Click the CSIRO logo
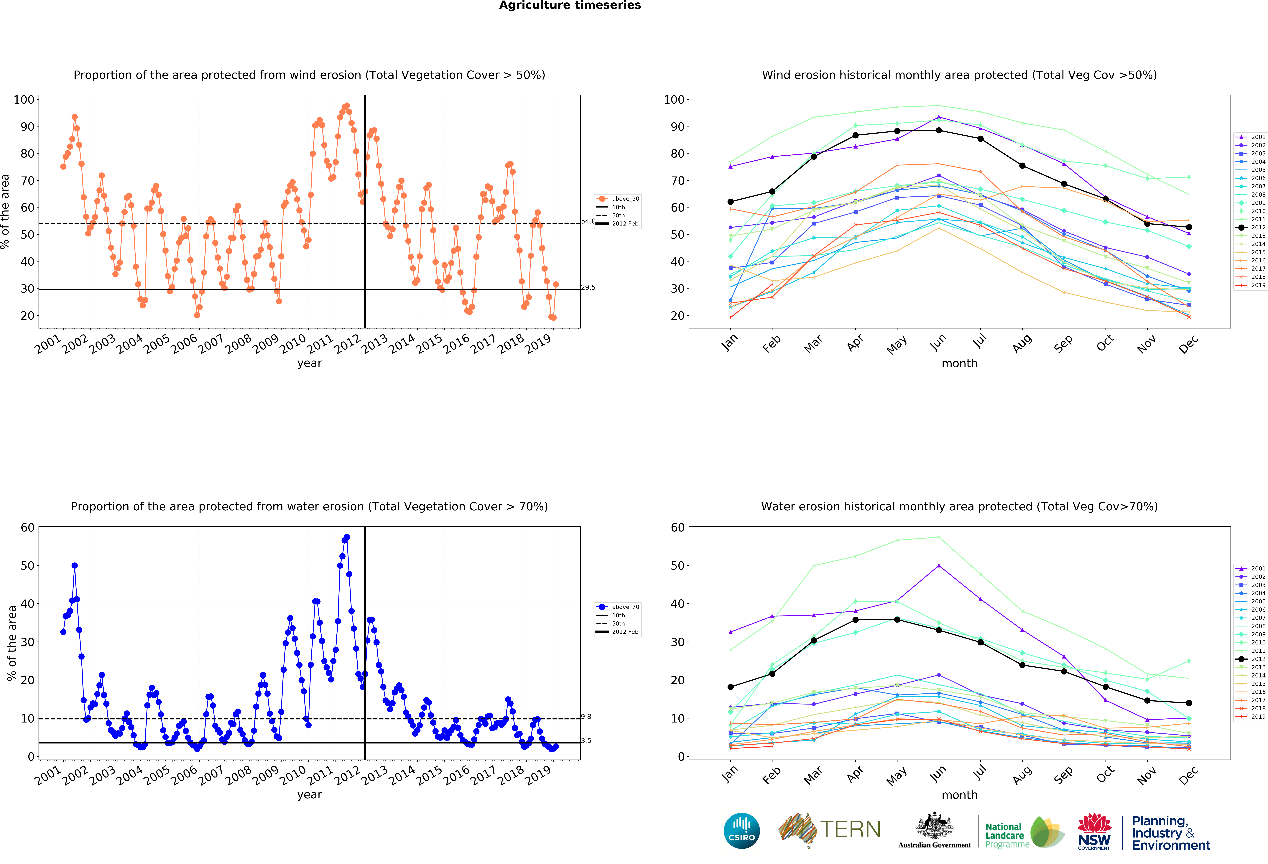[x=741, y=831]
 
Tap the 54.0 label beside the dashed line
[x=587, y=221]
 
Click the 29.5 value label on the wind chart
[x=588, y=287]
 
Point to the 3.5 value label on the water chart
[x=586, y=740]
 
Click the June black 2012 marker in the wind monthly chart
[x=938, y=130]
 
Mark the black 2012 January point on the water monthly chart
[x=731, y=687]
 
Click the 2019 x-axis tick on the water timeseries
[x=538, y=775]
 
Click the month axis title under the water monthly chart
[x=959, y=795]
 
